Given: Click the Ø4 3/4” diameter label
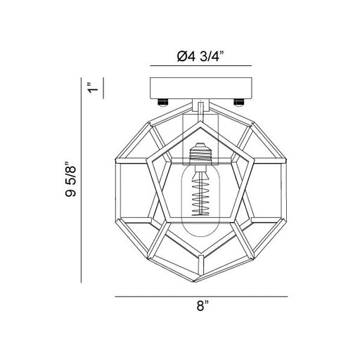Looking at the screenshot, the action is coord(200,56).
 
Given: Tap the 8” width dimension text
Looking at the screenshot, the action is coord(202,306).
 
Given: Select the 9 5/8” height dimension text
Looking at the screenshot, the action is coord(70,179).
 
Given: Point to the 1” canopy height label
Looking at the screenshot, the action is coord(94,87).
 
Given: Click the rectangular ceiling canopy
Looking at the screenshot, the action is coord(201,88).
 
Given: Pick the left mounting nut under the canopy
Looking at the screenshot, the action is coord(163,103).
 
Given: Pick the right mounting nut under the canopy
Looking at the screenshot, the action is coord(238,103).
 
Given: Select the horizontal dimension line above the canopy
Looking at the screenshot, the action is coord(201,66).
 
